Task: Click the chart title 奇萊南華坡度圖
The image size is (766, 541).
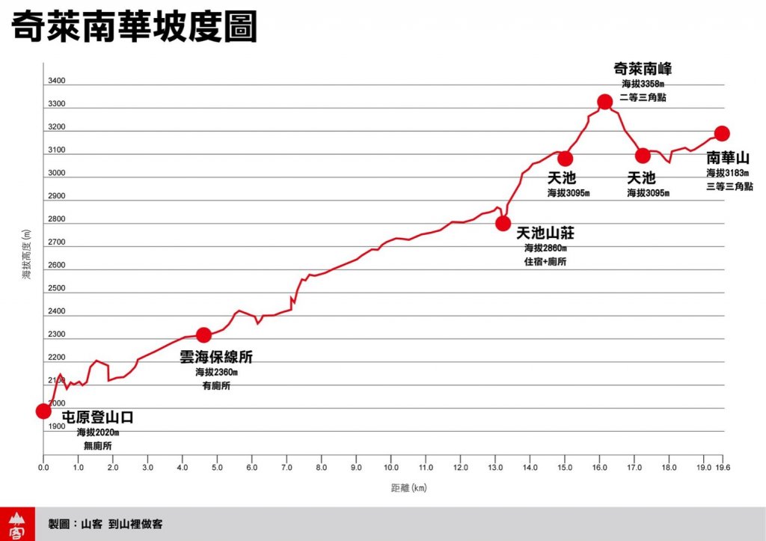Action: [x=134, y=28]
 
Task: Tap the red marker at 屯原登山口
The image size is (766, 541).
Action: [x=43, y=411]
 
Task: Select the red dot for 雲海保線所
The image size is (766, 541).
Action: [x=203, y=334]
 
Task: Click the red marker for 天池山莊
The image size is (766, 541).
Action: [x=503, y=223]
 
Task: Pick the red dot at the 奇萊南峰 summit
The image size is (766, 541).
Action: [x=605, y=102]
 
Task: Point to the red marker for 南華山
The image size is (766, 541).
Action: [x=722, y=133]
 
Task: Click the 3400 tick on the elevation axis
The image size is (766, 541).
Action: [x=57, y=81]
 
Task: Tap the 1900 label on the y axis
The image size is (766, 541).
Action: [x=57, y=427]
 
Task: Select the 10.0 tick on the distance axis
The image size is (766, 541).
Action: [x=390, y=468]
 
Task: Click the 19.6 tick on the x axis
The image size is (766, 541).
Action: [x=723, y=468]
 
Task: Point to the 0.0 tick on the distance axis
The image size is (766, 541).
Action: [x=43, y=468]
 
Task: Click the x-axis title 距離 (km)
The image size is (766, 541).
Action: [x=408, y=488]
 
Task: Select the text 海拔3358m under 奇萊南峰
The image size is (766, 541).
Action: [x=643, y=84]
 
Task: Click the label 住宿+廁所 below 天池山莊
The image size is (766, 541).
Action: [x=545, y=262]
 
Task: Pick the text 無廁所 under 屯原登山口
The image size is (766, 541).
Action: [x=97, y=446]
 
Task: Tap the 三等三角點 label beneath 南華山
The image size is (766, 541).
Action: [x=729, y=186]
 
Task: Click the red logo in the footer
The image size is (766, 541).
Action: [x=16, y=524]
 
